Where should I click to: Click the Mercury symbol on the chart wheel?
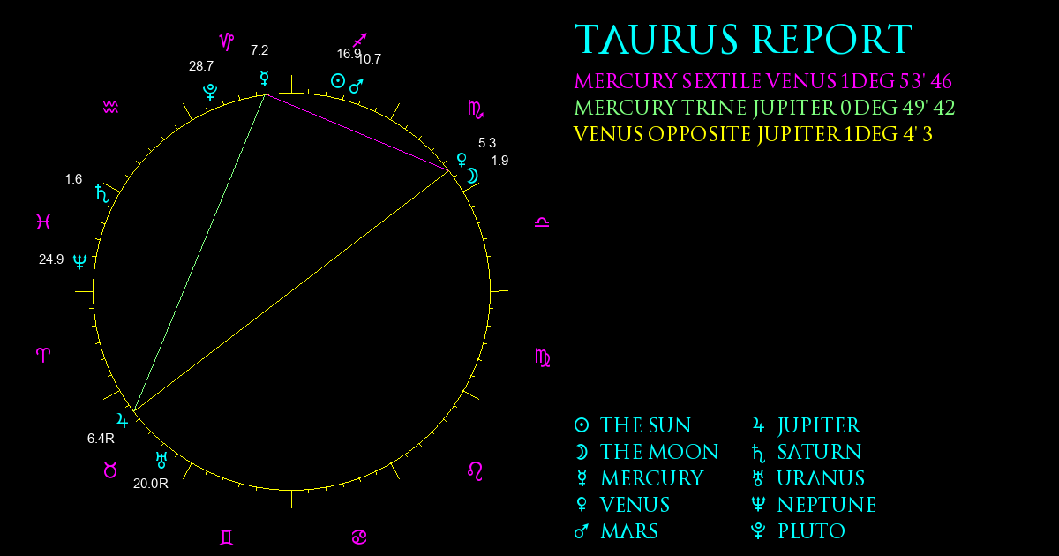(264, 78)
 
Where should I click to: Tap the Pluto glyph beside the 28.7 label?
(210, 92)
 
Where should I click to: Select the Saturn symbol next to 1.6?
(102, 193)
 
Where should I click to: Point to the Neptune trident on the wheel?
(80, 261)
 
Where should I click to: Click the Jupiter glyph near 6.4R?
(123, 420)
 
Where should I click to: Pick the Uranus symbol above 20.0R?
(161, 460)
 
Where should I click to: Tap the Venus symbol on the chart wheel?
(462, 160)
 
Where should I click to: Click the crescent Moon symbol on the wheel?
(473, 176)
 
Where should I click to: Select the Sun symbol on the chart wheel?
(337, 81)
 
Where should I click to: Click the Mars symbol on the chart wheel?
(356, 86)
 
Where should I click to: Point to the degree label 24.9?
(51, 259)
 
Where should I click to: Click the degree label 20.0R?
(151, 484)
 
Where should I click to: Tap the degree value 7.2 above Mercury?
(259, 50)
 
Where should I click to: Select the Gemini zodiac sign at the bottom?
(227, 537)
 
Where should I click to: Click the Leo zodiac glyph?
(475, 471)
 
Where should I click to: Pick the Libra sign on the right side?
(542, 222)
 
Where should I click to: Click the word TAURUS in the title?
(657, 39)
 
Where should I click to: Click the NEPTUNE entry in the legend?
(827, 505)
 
